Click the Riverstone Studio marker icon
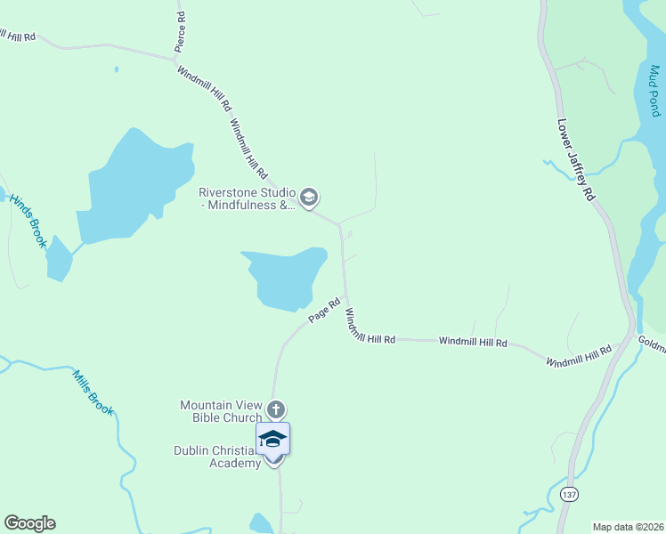pyautogui.click(x=309, y=197)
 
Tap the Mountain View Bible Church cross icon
pyautogui.click(x=276, y=409)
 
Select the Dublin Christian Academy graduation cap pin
pyautogui.click(x=273, y=439)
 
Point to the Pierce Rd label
pyautogui.click(x=181, y=29)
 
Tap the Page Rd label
pyautogui.click(x=325, y=310)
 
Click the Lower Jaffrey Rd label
pyautogui.click(x=576, y=160)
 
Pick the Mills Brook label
pyautogui.click(x=93, y=392)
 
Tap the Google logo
pyautogui.click(x=29, y=523)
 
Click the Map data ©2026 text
pyautogui.click(x=628, y=527)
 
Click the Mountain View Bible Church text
pyautogui.click(x=221, y=411)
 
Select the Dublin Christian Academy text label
pyautogui.click(x=216, y=457)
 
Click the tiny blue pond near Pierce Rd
pyautogui.click(x=116, y=69)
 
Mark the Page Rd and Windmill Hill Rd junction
pyautogui.click(x=345, y=296)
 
